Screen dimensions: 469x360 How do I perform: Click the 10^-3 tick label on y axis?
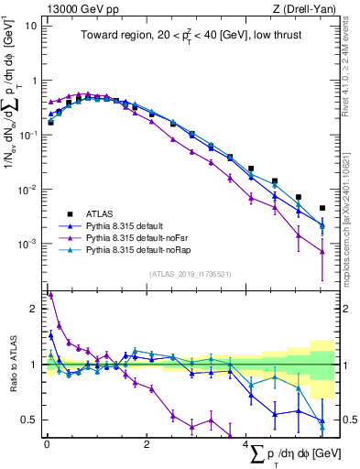pyautogui.click(x=27, y=245)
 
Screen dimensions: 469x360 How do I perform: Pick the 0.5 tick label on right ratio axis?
pyautogui.click(x=347, y=420)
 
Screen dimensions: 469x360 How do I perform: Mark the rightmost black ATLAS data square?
pyautogui.click(x=322, y=208)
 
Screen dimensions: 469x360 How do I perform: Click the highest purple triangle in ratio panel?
pyautogui.click(x=50, y=294)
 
